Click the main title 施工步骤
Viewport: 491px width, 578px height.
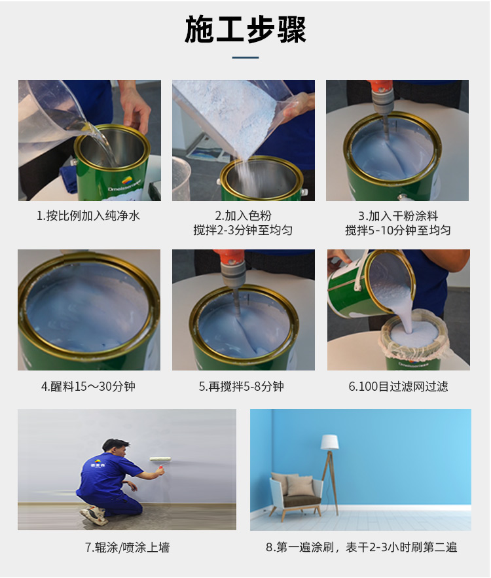(x=245, y=29)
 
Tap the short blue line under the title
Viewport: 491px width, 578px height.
(x=245, y=58)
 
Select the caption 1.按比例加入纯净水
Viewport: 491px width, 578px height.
(x=88, y=215)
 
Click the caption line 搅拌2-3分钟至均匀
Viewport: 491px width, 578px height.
(x=244, y=230)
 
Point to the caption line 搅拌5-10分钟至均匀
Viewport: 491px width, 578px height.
(x=398, y=230)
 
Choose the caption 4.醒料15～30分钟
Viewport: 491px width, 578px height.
(x=88, y=387)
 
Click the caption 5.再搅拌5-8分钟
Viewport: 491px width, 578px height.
(x=242, y=387)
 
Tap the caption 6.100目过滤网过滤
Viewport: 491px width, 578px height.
(x=399, y=387)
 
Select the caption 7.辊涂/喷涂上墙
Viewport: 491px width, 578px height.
(x=127, y=548)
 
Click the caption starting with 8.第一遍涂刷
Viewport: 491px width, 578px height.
(x=361, y=547)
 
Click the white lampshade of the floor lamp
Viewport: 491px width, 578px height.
(x=329, y=442)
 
